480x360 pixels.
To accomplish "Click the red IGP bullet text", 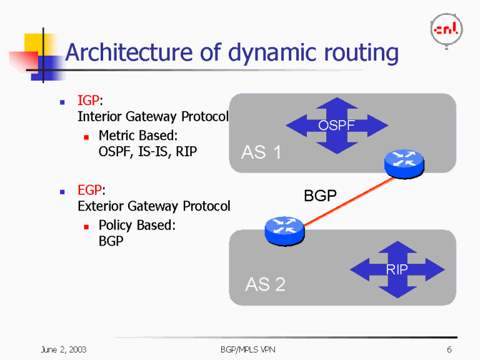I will (x=88, y=101).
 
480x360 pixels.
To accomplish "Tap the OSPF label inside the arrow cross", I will (x=336, y=126).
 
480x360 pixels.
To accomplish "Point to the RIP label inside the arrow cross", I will (x=397, y=270).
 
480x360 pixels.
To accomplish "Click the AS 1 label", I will (x=261, y=152).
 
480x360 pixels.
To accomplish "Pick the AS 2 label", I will (x=265, y=284).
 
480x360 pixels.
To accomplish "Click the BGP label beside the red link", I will (x=320, y=196).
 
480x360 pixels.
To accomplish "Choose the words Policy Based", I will (x=137, y=225).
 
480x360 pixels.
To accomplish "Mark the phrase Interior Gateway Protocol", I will (x=153, y=117).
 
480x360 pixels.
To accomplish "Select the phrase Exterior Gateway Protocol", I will (x=154, y=206).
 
